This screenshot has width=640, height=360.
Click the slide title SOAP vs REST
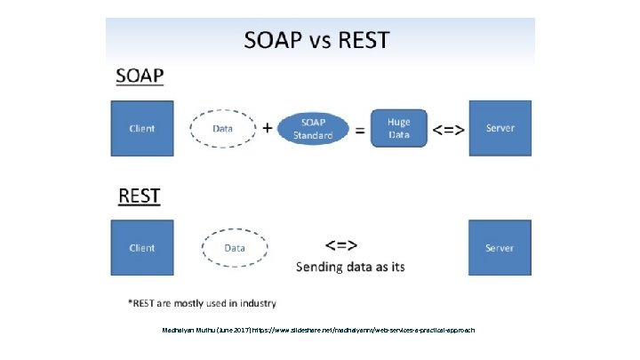tap(317, 40)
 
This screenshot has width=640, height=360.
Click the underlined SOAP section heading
tap(140, 76)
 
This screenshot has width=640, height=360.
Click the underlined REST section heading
tap(140, 194)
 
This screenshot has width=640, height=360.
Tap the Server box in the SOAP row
tap(500, 128)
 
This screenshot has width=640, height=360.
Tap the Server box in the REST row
tap(500, 248)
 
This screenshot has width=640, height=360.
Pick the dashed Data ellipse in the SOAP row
tap(223, 128)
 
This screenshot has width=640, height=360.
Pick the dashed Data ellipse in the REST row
tap(235, 248)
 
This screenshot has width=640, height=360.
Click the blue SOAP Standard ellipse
tap(313, 129)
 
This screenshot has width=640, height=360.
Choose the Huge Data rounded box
tap(398, 128)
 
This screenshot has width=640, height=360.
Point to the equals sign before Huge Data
tap(360, 130)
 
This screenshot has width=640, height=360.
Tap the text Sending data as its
tap(349, 267)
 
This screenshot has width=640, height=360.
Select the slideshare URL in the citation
tap(364, 330)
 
